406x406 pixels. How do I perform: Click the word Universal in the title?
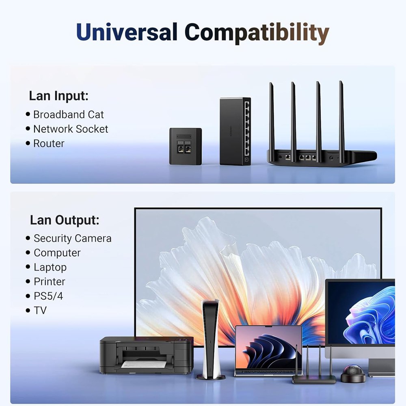click(x=127, y=32)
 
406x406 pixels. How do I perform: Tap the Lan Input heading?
click(x=58, y=96)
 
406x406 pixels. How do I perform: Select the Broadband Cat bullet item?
click(x=68, y=114)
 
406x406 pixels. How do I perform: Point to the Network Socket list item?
click(x=70, y=129)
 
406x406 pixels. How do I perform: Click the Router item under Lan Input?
click(x=49, y=143)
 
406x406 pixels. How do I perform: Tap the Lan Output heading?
click(x=65, y=220)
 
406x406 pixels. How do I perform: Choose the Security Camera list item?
click(x=72, y=238)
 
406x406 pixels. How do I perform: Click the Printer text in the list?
click(x=49, y=281)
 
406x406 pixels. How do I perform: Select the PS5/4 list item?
click(x=48, y=296)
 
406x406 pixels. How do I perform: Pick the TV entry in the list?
click(x=40, y=311)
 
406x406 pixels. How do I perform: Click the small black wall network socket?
click(x=185, y=146)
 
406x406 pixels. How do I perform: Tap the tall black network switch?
click(x=235, y=131)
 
